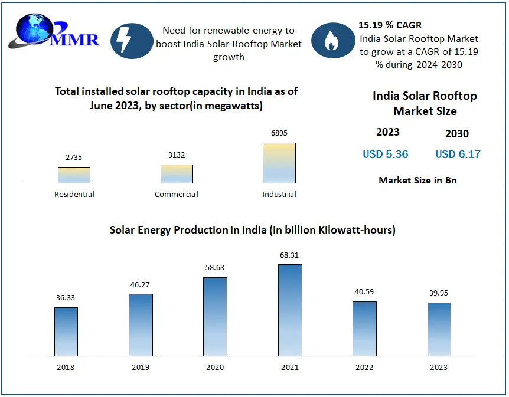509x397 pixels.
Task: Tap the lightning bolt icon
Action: tap(125, 40)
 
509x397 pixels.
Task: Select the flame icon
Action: tap(332, 40)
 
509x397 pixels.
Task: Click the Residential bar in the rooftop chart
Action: tap(74, 175)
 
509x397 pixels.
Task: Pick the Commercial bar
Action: tap(177, 174)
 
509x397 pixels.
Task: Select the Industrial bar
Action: tap(279, 163)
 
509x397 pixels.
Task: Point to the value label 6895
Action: tap(279, 133)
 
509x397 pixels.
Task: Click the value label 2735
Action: tap(74, 158)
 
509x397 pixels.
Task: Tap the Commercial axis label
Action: tap(177, 194)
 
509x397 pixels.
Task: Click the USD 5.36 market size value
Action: tap(386, 154)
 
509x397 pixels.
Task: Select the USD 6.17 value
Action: tap(458, 154)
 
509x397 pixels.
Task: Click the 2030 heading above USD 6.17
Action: tap(457, 134)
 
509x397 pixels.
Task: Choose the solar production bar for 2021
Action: tap(290, 310)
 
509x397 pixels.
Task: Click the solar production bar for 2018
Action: tap(66, 332)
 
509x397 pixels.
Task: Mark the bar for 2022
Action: tap(364, 329)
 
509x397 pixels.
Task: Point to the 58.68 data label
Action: tap(215, 268)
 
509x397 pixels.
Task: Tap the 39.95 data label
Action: tap(439, 293)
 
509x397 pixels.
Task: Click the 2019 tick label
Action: tap(141, 367)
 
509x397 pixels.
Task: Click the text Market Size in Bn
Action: tap(417, 180)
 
